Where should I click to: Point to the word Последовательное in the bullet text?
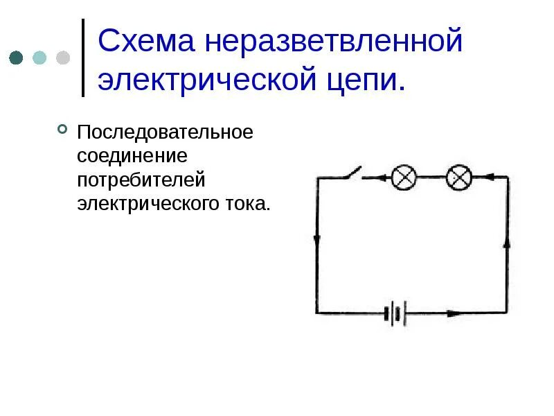(165, 132)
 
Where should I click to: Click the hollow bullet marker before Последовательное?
(62, 130)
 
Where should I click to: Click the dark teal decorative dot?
(17, 58)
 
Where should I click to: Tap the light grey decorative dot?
(63, 58)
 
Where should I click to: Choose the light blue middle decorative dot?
(39, 58)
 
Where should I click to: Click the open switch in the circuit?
(352, 173)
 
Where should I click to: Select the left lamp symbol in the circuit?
(404, 177)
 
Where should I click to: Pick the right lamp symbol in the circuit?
(458, 177)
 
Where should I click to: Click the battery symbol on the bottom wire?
(394, 313)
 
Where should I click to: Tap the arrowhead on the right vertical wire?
(507, 243)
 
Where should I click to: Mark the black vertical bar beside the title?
(83, 58)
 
